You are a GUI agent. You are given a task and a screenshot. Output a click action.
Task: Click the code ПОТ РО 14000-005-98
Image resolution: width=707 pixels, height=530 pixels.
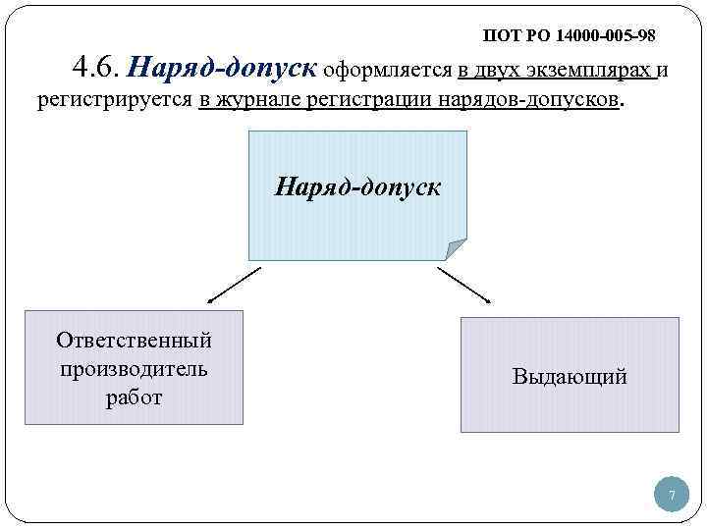click(569, 36)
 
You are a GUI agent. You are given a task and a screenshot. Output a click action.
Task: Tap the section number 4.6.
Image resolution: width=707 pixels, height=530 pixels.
click(96, 69)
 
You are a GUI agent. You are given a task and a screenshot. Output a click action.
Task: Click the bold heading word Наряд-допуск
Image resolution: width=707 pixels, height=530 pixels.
click(224, 69)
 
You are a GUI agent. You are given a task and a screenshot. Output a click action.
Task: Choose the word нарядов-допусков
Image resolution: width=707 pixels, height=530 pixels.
click(540, 100)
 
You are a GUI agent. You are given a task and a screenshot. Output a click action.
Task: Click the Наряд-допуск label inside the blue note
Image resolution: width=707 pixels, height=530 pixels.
click(357, 185)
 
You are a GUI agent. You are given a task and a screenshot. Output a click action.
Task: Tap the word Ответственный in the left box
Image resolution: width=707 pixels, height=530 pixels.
click(134, 341)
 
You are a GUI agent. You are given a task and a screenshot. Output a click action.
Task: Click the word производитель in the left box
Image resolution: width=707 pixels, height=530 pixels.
click(134, 369)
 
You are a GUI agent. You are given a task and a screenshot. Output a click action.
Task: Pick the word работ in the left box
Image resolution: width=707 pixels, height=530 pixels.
click(134, 397)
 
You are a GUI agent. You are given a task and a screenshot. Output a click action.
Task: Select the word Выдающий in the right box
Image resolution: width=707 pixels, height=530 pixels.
click(570, 376)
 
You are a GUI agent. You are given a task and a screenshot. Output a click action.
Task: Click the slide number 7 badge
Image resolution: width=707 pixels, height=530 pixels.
click(672, 496)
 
